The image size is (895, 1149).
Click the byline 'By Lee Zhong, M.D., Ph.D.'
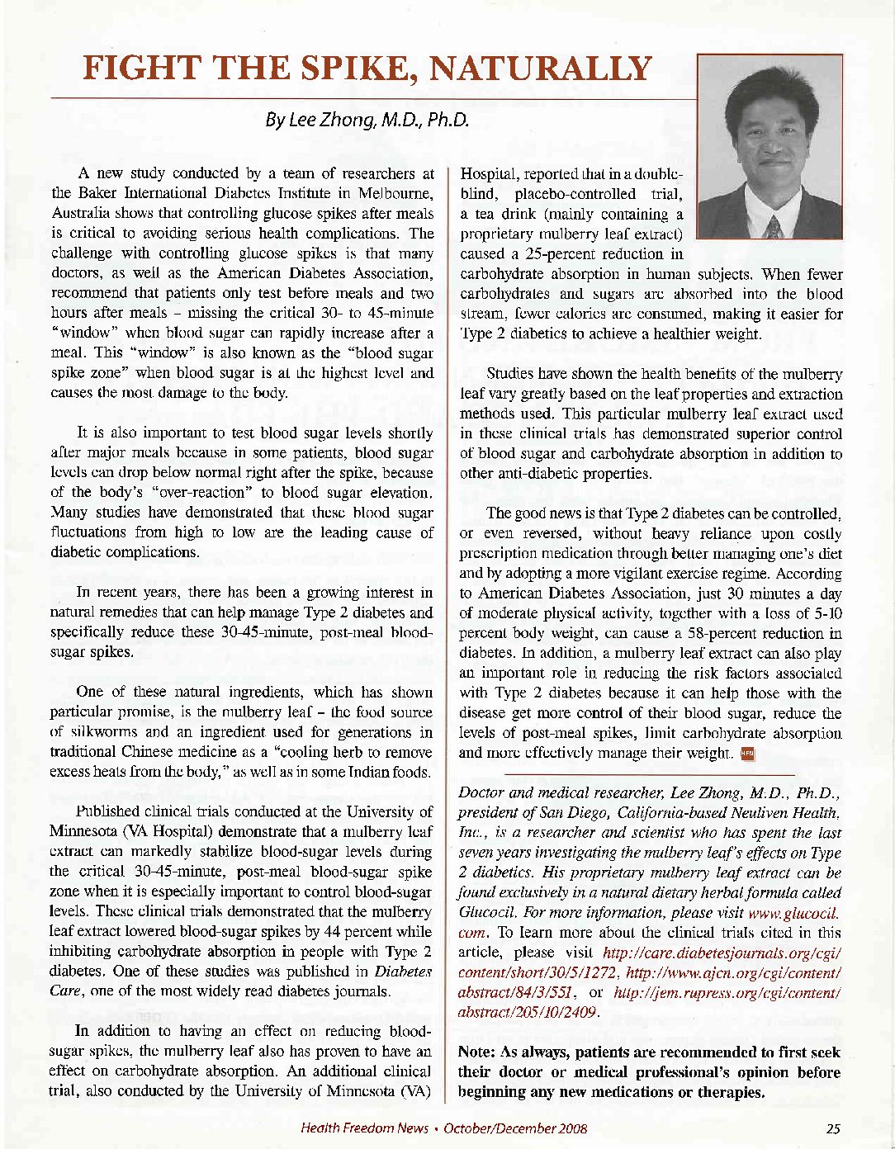click(367, 121)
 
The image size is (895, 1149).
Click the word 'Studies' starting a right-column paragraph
click(511, 374)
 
